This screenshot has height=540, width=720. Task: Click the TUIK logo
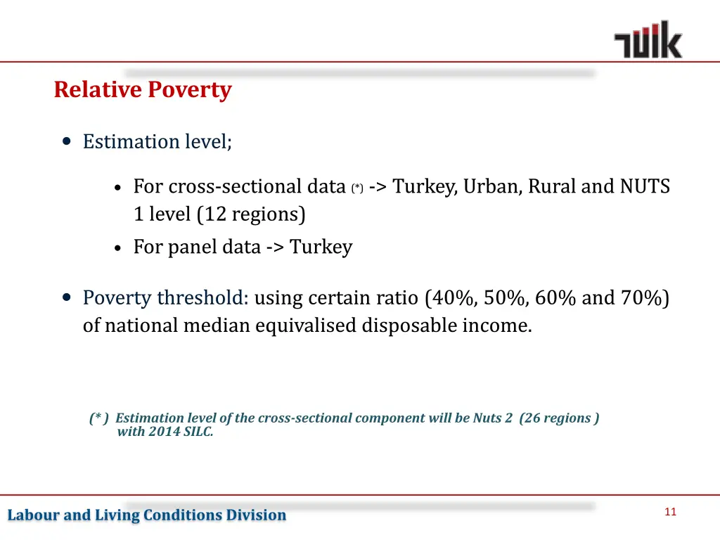pos(648,40)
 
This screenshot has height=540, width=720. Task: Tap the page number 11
pos(670,512)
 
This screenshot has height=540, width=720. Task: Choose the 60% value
pos(557,298)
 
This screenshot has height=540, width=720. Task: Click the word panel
pos(190,247)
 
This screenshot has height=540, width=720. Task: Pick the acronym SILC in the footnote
pos(197,432)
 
